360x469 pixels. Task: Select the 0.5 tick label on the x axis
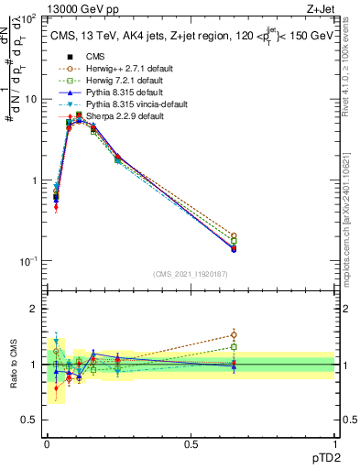[x=191, y=443]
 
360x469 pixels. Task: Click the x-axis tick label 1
[x=333, y=443]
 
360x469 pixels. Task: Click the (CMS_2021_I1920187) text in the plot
[x=191, y=274]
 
